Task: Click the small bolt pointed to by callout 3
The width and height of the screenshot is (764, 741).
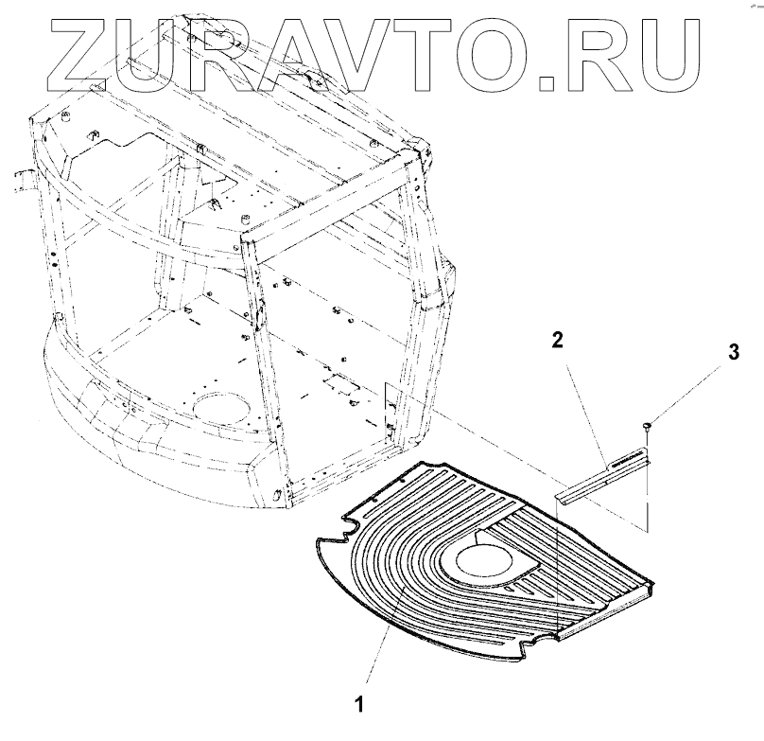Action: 645,429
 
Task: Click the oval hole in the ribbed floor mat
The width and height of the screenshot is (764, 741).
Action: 488,559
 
